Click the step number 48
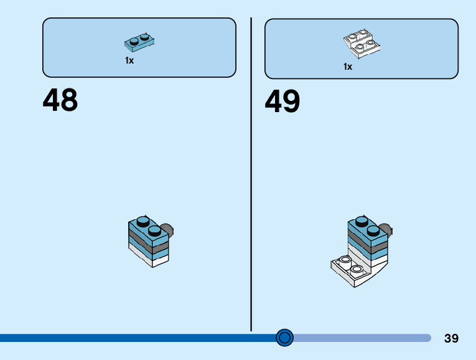[60, 100]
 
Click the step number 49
[282, 101]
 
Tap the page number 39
[451, 338]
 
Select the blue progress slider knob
[284, 338]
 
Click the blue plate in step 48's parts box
[139, 42]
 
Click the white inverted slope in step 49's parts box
[362, 44]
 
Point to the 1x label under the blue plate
[129, 60]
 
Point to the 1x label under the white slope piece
[348, 67]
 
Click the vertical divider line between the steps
[251, 174]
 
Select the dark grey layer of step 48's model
[149, 242]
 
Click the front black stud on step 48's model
[154, 231]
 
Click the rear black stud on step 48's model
[142, 221]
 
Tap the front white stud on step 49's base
[357, 270]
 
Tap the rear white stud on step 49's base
[345, 260]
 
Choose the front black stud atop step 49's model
[373, 230]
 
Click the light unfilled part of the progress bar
[362, 338]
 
